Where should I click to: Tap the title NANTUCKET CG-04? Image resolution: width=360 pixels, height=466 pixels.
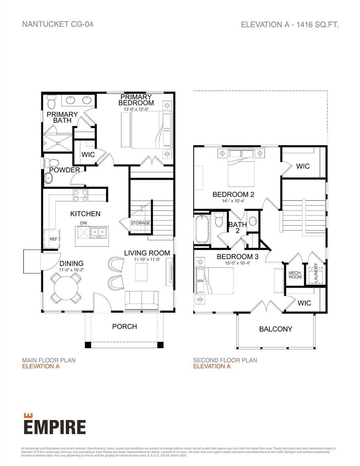click(x=58, y=24)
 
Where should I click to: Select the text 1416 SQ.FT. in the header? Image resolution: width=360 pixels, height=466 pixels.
click(x=317, y=25)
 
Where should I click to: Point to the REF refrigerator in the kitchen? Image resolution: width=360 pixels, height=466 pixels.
click(x=52, y=239)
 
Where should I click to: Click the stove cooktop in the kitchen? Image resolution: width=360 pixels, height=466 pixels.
click(x=81, y=195)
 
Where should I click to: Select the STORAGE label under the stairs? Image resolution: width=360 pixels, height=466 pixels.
click(x=140, y=223)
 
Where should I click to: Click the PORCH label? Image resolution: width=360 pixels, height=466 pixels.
click(x=124, y=326)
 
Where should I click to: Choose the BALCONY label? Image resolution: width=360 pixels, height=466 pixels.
click(x=276, y=329)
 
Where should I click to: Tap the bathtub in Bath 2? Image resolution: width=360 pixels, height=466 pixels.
click(x=202, y=229)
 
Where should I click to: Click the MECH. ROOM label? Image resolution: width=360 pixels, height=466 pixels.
click(x=295, y=275)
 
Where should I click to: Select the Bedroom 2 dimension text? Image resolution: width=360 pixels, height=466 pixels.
click(x=233, y=201)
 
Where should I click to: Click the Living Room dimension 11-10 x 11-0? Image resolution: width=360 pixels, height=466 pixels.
click(x=147, y=259)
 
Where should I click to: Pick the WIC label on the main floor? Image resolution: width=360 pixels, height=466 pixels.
click(x=88, y=155)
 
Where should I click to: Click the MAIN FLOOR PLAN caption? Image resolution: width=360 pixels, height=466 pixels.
click(x=49, y=360)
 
